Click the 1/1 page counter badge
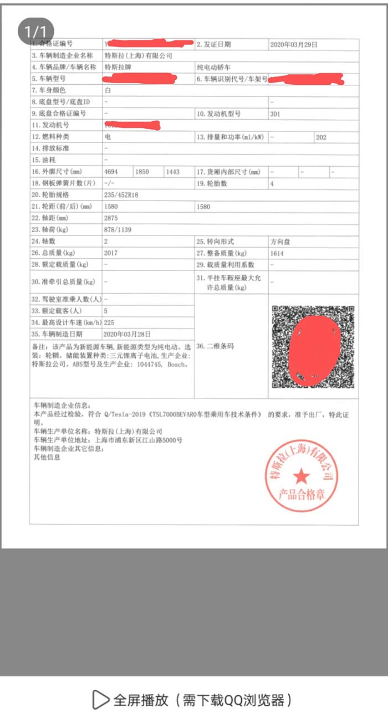[36, 30]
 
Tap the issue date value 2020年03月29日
[294, 44]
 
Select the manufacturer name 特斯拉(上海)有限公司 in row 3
[139, 56]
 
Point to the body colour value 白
[108, 90]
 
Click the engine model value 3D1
[275, 114]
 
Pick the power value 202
[321, 137]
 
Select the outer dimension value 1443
[172, 172]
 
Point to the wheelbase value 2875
[111, 218]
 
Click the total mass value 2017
[111, 253]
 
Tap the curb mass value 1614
[277, 253]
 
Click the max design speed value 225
[109, 322]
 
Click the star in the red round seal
[302, 475]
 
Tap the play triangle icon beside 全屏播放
[100, 700]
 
